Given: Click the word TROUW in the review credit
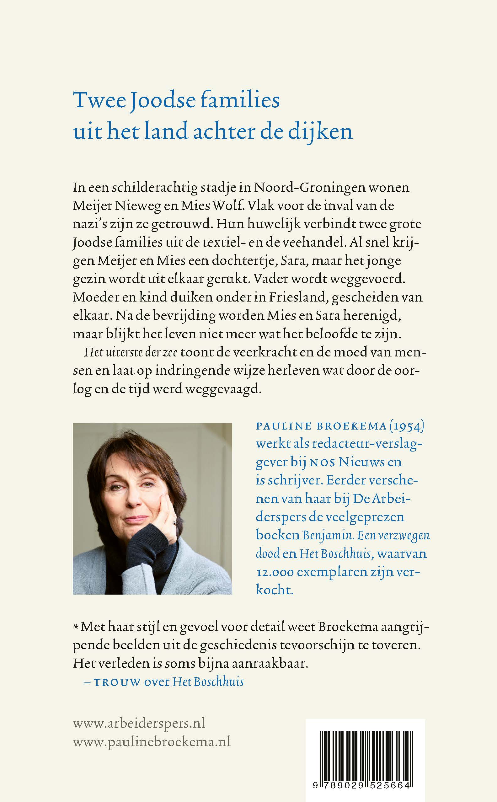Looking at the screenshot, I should click(x=117, y=683).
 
